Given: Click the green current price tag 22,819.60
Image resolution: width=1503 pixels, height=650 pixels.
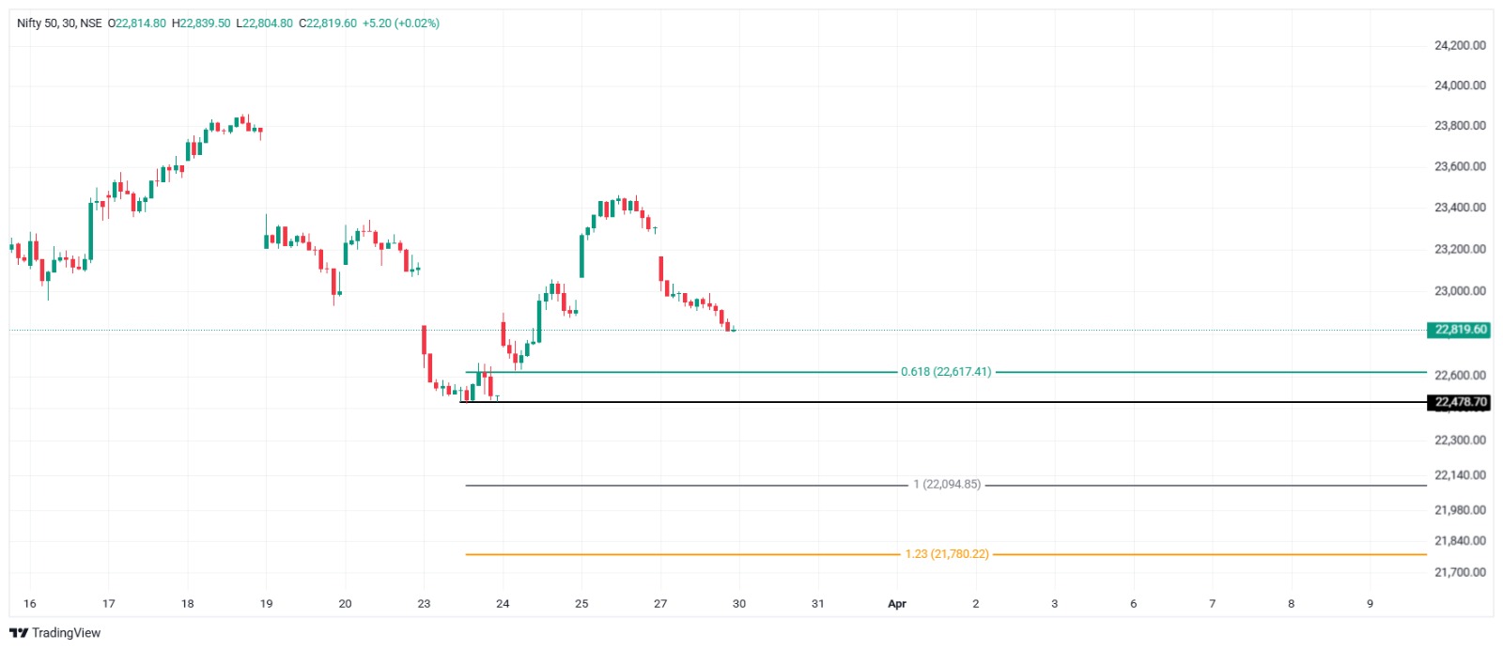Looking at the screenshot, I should (1460, 330).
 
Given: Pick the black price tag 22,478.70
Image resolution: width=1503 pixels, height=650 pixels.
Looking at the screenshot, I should (1460, 402).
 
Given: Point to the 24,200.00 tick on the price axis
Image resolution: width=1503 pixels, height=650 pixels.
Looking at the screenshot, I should (1460, 45).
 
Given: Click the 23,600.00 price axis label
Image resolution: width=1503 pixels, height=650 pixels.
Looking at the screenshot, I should (1460, 166).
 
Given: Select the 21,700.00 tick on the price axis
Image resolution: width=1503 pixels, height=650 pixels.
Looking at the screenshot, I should (1460, 572).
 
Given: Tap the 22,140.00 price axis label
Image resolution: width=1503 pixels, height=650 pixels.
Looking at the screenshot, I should (1460, 475).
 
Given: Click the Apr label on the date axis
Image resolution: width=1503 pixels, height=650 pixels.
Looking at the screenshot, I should (897, 604).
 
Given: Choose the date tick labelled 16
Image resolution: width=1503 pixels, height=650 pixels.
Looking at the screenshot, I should (30, 604).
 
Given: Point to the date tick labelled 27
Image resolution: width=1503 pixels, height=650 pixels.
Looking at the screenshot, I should (660, 604).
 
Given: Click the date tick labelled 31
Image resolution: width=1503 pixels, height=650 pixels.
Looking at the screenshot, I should (818, 604).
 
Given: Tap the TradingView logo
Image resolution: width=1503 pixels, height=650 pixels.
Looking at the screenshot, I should (55, 633).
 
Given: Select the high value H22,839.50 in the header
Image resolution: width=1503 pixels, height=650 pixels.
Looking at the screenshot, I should (201, 23).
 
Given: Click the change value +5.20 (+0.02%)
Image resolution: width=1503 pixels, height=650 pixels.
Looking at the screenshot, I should (401, 23).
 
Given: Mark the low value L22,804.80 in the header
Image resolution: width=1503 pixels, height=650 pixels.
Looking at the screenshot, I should (265, 23).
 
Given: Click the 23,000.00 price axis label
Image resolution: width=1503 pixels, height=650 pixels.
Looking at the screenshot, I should (1460, 291).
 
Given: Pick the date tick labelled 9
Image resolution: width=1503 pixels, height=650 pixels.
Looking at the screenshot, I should (1370, 604).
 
